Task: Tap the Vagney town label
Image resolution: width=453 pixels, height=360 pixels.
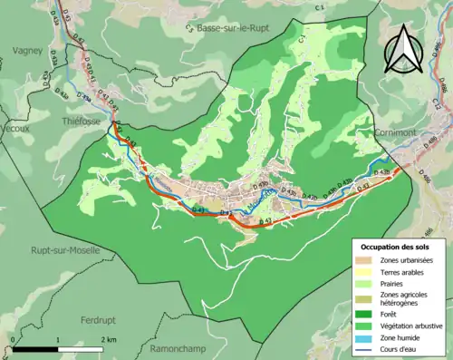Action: (28, 51)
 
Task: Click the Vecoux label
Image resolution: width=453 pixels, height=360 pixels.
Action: (15, 128)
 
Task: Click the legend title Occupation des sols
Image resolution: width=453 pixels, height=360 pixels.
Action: (398, 247)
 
